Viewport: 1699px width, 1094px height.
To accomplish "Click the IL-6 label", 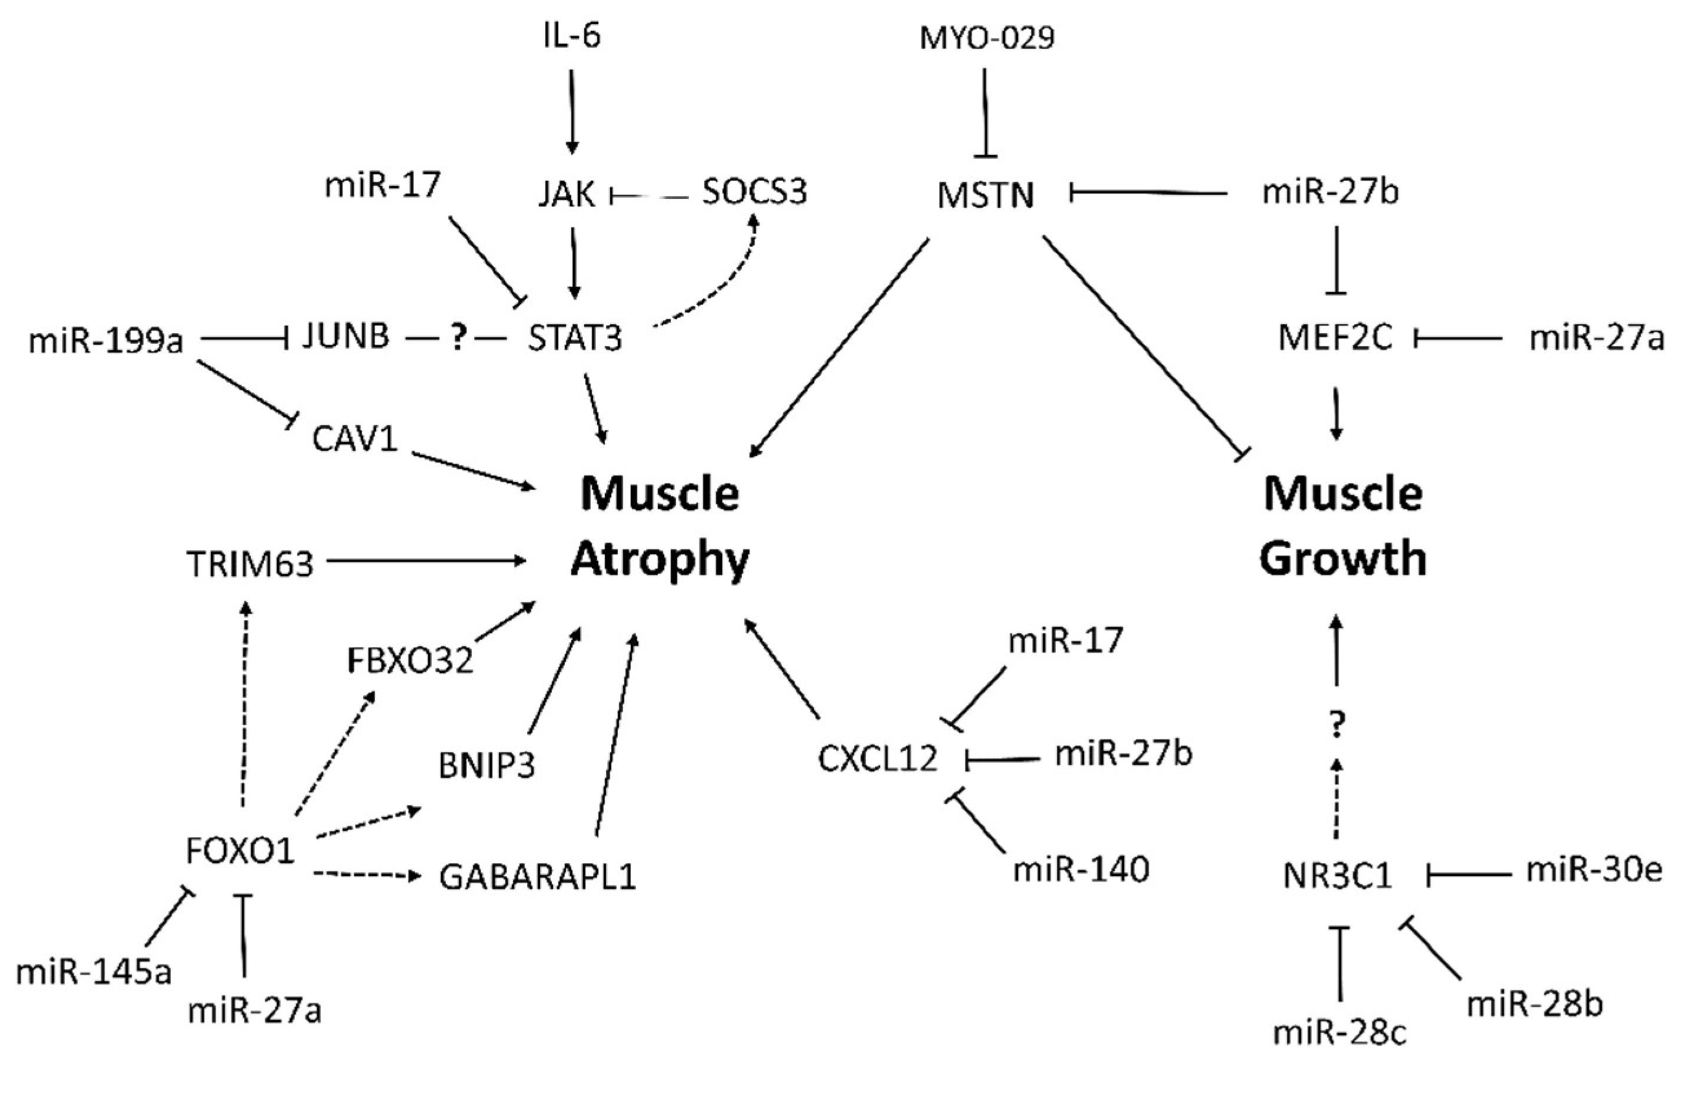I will [x=572, y=35].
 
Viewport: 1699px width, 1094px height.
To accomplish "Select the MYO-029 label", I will [x=987, y=38].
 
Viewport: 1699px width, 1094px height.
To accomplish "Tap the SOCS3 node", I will [x=754, y=192].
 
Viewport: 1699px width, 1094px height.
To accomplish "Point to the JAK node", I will [x=566, y=194].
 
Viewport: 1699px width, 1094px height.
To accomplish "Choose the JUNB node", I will [x=346, y=336].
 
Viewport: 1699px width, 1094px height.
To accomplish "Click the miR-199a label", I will [x=105, y=341].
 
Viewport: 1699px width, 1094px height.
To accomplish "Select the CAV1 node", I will [x=354, y=440].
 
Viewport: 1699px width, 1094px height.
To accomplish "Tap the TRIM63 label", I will [x=250, y=565].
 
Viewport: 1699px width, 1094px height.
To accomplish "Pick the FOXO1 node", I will [x=240, y=850].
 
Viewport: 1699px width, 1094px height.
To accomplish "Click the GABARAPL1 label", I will [x=538, y=878].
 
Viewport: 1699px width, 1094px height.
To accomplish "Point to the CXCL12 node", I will [x=878, y=760].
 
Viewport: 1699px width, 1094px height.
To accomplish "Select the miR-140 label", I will [x=1081, y=869].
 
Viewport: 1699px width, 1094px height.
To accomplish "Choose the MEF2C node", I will [x=1335, y=338].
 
